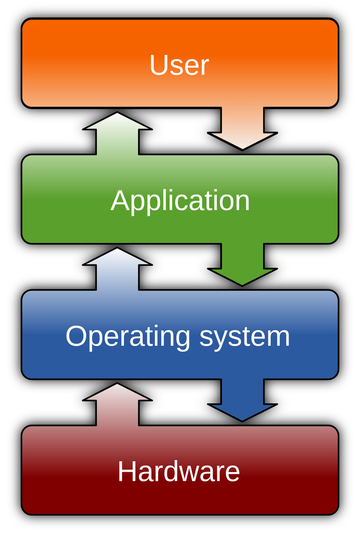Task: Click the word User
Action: [179, 65]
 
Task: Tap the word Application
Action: [180, 201]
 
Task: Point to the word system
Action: [244, 337]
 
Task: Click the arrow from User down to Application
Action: [242, 129]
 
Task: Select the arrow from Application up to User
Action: [117, 135]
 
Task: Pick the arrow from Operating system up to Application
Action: [117, 270]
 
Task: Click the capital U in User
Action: [158, 65]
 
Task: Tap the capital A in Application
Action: [120, 201]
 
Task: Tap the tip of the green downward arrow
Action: [242, 284]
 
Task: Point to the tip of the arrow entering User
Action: [117, 114]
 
